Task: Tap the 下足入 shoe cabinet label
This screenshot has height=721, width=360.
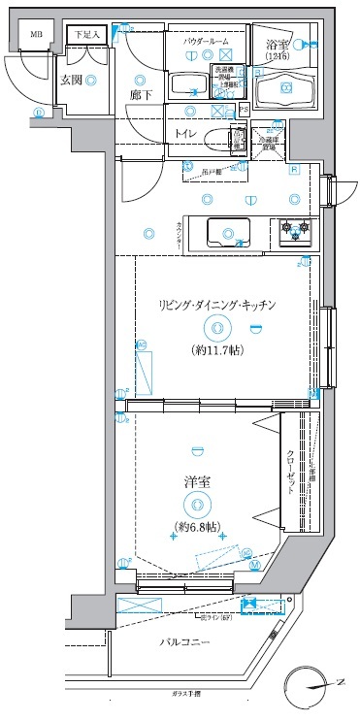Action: point(88,35)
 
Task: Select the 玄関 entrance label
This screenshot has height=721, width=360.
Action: point(70,81)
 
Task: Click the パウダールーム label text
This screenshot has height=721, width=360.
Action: point(206,43)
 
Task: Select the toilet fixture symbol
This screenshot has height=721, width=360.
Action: point(237,139)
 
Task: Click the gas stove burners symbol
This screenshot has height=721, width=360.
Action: point(295,230)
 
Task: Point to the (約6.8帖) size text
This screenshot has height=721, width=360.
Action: point(197,527)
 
